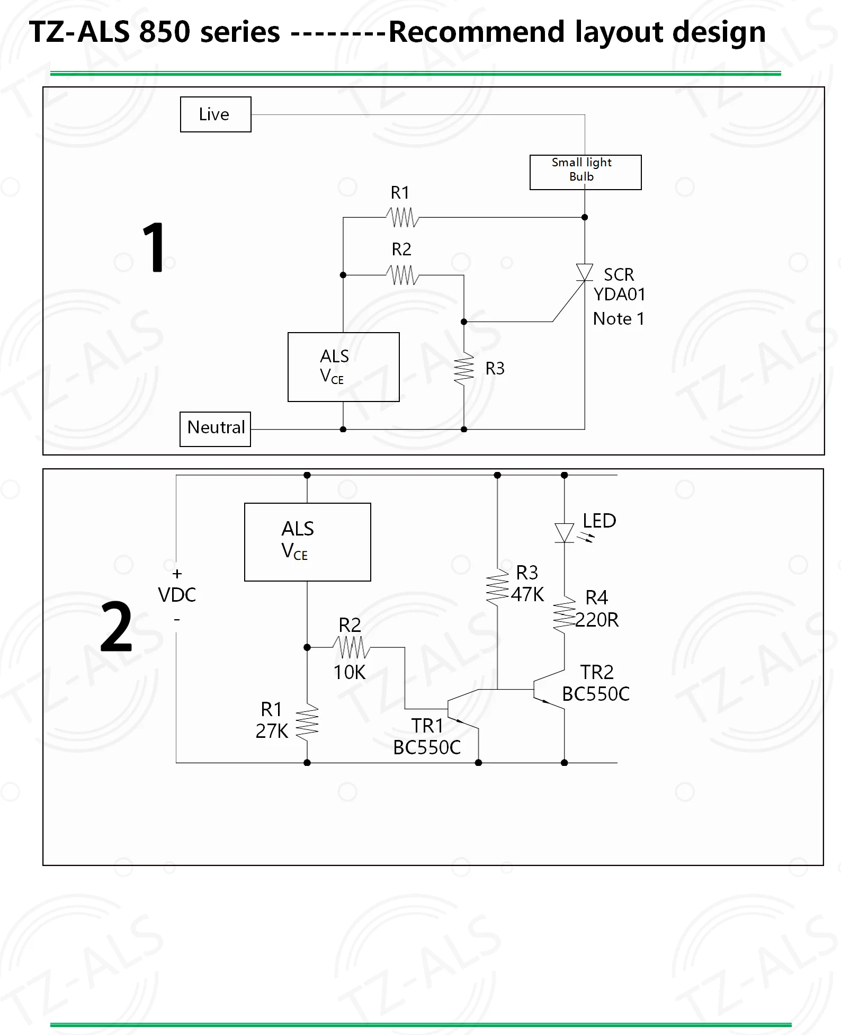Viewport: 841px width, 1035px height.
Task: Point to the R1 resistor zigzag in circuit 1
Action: [402, 217]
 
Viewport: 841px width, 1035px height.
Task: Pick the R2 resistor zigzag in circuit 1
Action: [402, 275]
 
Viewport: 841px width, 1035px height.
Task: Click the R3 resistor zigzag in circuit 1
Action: [463, 369]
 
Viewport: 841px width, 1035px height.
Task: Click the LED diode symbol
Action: [565, 533]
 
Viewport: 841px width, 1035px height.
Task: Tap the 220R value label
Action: [597, 620]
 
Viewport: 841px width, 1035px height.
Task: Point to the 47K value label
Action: [527, 594]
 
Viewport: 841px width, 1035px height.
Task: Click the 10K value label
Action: [350, 672]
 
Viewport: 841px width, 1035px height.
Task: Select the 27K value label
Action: [272, 731]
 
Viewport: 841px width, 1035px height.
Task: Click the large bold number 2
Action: [116, 627]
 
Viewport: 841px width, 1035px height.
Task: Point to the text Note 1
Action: [619, 319]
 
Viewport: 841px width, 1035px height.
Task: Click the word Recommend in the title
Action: [477, 32]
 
